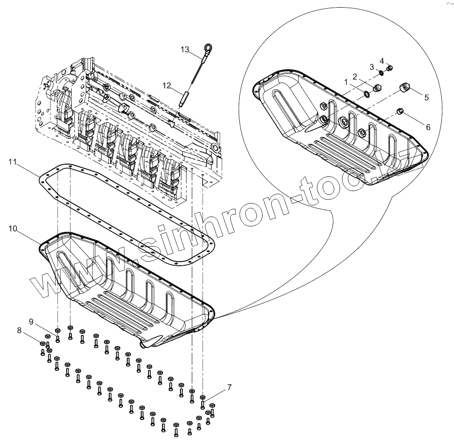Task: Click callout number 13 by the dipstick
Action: pyautogui.click(x=185, y=50)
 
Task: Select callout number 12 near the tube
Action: pyautogui.click(x=167, y=85)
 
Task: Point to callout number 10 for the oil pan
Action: pyautogui.click(x=13, y=229)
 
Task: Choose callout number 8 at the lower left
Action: pyautogui.click(x=19, y=330)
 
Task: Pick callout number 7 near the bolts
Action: pyautogui.click(x=229, y=387)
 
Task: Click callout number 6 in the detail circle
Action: pyautogui.click(x=428, y=127)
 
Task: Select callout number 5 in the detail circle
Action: pyautogui.click(x=426, y=97)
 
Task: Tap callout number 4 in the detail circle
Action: pyautogui.click(x=381, y=60)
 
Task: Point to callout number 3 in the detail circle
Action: pyautogui.click(x=371, y=67)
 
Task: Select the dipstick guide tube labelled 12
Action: pyautogui.click(x=184, y=98)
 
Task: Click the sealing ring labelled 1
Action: pyautogui.click(x=366, y=93)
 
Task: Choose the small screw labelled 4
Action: pyautogui.click(x=390, y=68)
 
